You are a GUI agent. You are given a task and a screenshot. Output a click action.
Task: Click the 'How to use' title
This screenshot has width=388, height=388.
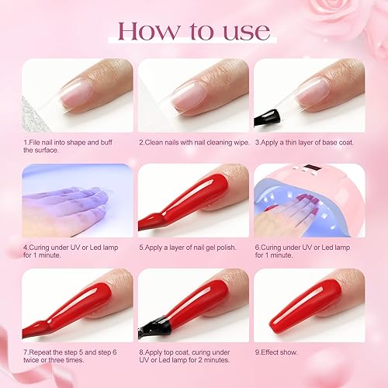(x=193, y=31)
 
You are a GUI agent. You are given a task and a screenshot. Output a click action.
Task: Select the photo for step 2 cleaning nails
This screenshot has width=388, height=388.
(x=193, y=95)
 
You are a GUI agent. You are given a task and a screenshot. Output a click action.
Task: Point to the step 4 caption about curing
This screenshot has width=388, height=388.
(x=70, y=252)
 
